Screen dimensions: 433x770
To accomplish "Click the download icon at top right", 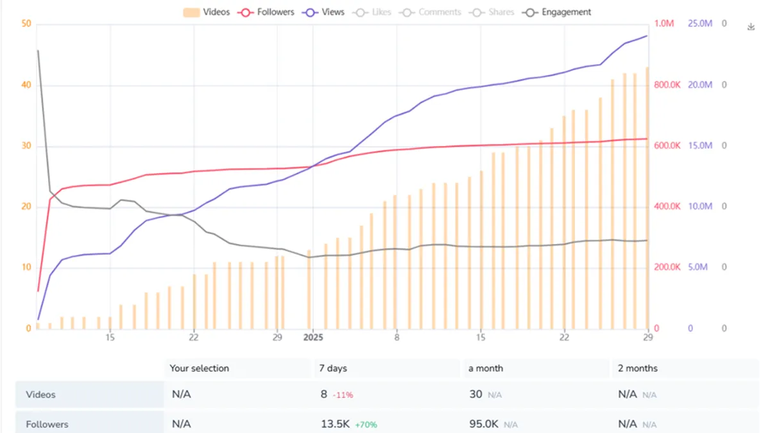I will pyautogui.click(x=751, y=27).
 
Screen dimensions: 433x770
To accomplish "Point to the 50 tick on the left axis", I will pyautogui.click(x=26, y=24).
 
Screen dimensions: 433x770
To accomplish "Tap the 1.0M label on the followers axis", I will pyautogui.click(x=664, y=24).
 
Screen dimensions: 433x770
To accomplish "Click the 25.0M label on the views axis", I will pyautogui.click(x=700, y=24).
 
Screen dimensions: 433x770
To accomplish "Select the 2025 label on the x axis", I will pyautogui.click(x=313, y=337).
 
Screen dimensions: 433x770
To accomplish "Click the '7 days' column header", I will pyautogui.click(x=333, y=368).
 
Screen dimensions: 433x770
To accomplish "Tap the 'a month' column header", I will pyautogui.click(x=486, y=368).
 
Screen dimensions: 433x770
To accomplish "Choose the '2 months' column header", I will pyautogui.click(x=638, y=368).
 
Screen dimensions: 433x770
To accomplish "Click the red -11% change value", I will pyautogui.click(x=343, y=395).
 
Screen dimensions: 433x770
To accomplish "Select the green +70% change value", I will pyautogui.click(x=366, y=425).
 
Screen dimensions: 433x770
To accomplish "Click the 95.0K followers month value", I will pyautogui.click(x=484, y=424).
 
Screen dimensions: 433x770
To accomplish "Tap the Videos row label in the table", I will pyautogui.click(x=40, y=395).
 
